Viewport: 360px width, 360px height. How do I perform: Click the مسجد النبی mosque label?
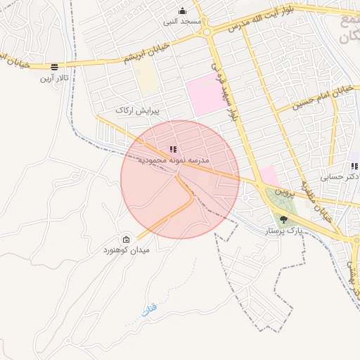click(x=183, y=21)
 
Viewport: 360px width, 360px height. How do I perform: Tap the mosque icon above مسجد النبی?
click(x=183, y=11)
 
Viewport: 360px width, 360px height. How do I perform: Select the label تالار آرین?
click(x=54, y=77)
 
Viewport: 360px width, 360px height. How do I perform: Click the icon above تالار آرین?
click(x=54, y=67)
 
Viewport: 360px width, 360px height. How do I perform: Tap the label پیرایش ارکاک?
click(x=138, y=111)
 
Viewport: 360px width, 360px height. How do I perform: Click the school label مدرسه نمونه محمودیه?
click(x=173, y=160)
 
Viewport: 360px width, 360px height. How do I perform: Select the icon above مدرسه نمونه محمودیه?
click(x=173, y=149)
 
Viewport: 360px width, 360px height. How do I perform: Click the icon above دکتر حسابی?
click(x=355, y=167)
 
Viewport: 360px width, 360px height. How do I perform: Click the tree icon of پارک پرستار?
click(x=283, y=219)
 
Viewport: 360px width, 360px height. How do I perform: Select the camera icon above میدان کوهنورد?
click(x=126, y=239)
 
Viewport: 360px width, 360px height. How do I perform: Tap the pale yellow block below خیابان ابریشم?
click(x=147, y=79)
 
